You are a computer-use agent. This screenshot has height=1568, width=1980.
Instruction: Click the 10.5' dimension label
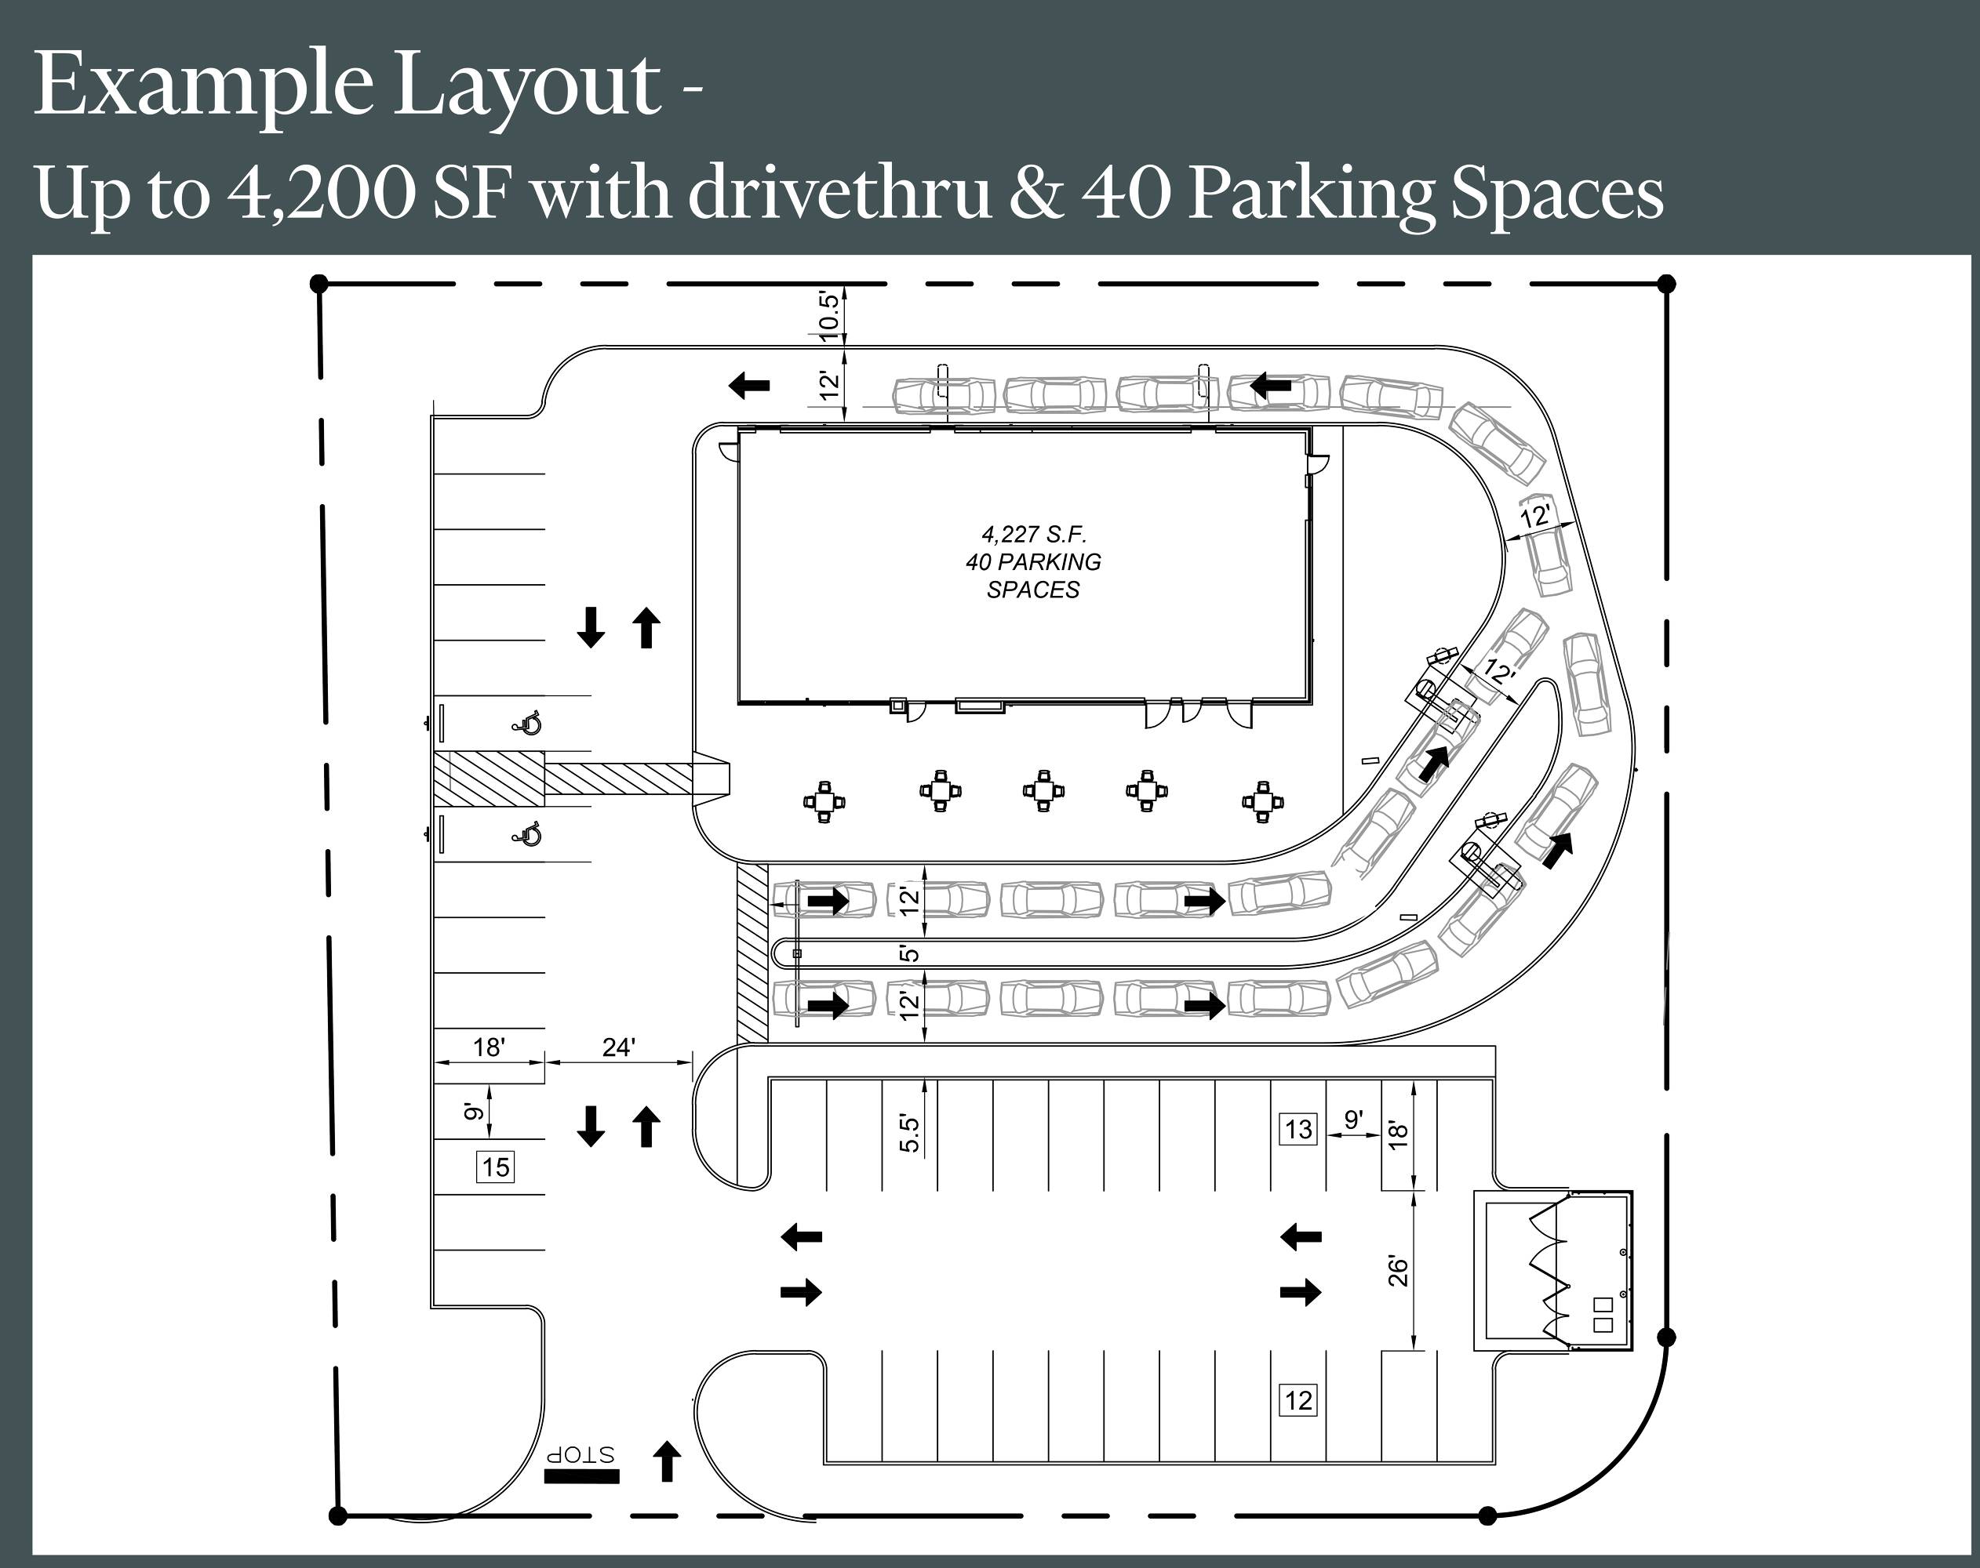828,316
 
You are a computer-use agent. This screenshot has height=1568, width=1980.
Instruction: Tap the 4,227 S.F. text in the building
1033,533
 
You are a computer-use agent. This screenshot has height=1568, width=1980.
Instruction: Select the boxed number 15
496,1167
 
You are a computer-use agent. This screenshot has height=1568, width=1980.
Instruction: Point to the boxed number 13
1298,1128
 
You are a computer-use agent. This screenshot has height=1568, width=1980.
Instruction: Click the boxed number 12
1298,1400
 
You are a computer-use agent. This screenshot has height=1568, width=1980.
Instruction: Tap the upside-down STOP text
581,1455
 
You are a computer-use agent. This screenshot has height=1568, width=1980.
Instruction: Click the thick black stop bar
581,1476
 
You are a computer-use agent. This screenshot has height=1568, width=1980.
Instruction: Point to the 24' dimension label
618,1047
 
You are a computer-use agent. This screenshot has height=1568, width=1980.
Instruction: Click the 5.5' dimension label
909,1133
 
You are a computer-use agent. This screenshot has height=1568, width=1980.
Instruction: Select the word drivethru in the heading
839,194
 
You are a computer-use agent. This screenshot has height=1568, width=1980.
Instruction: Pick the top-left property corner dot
318,283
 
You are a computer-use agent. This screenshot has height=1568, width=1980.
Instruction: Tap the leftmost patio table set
824,800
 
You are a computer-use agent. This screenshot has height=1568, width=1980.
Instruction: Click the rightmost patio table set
1263,800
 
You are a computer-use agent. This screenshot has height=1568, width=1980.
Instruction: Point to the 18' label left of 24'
489,1047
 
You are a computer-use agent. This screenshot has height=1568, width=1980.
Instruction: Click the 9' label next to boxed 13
1352,1119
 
